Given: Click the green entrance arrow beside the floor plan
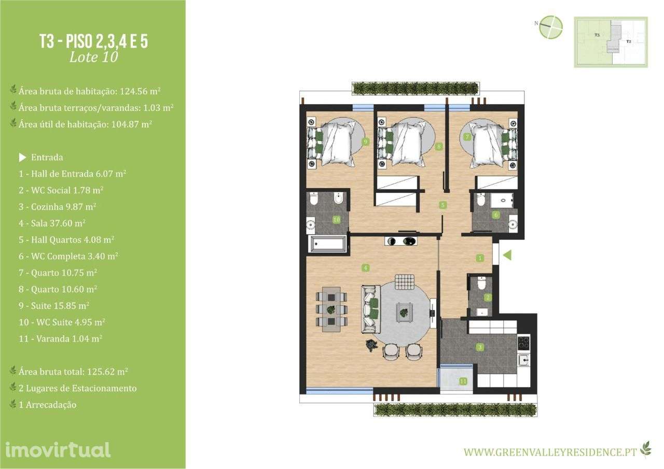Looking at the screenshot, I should point(507,255).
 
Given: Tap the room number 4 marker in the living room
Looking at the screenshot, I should point(366,268).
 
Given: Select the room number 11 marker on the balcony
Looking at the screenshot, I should point(463,381).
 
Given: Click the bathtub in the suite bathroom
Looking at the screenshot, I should point(327,244).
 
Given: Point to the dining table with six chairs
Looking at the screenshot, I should point(331,309).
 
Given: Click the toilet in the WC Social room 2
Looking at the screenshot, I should point(481,284).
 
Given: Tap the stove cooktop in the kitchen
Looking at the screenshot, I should point(524,343).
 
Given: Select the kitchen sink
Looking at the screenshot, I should point(524,359).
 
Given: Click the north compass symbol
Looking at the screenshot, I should point(551,27).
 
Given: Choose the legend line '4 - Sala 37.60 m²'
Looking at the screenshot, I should point(52,223).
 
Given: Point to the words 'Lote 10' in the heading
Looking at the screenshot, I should point(93,57).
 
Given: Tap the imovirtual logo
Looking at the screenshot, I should point(58,449).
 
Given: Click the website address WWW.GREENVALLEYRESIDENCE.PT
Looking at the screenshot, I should point(550,452).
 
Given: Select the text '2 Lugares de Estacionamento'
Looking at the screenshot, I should point(77,388).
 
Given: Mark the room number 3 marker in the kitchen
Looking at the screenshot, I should point(480,347).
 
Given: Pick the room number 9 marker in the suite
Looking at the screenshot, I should point(365,141).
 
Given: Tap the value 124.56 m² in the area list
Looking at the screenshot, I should point(140,91).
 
